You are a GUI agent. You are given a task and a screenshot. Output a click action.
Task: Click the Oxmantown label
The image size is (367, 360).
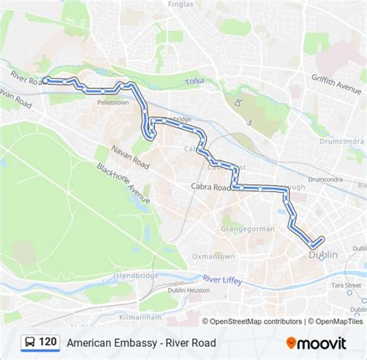tap(214, 256)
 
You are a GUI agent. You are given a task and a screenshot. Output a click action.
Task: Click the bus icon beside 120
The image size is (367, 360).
tap(29, 341)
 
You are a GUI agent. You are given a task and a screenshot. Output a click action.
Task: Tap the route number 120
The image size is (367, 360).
tap(49, 341)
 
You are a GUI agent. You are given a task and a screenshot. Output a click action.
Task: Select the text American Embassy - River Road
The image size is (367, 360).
tap(141, 341)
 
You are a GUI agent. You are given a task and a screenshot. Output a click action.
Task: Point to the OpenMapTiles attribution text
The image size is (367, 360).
tap(339, 321)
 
